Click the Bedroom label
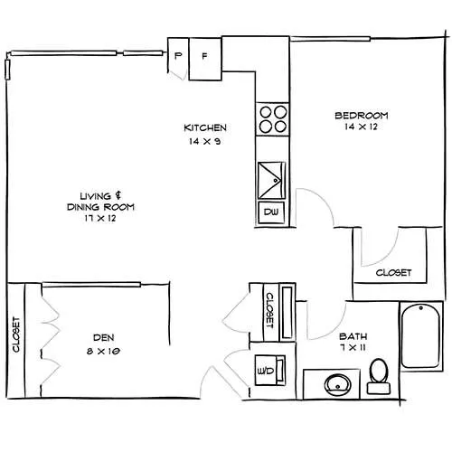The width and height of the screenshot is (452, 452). pyautogui.click(x=362, y=116)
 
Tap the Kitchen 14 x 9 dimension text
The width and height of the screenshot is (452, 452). pyautogui.click(x=205, y=141)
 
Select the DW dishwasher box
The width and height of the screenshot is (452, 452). pyautogui.click(x=271, y=212)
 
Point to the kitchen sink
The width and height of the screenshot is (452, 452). pyautogui.click(x=271, y=180)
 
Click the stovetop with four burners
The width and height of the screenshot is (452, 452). pyautogui.click(x=272, y=119)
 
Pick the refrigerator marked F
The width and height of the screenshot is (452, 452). pyautogui.click(x=205, y=59)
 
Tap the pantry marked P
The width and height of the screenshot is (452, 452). pyautogui.click(x=178, y=56)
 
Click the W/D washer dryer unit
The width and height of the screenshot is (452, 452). pyautogui.click(x=270, y=371)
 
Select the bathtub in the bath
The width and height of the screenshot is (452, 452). pyautogui.click(x=421, y=336)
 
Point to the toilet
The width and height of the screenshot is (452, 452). pyautogui.click(x=379, y=377)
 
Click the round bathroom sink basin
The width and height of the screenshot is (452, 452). pyautogui.click(x=338, y=385)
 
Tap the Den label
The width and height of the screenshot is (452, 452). pyautogui.click(x=104, y=337)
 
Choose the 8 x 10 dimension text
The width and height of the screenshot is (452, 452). pyautogui.click(x=103, y=351)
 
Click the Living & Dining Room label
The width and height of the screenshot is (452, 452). pyautogui.click(x=100, y=202)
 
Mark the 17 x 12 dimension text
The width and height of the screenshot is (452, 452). pyautogui.click(x=100, y=218)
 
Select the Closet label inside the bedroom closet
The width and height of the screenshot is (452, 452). pyautogui.click(x=393, y=273)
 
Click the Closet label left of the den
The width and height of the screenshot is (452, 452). pyautogui.click(x=16, y=334)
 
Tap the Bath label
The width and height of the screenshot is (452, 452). pyautogui.click(x=353, y=336)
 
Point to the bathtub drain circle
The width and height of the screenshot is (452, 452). pyautogui.click(x=421, y=308)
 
